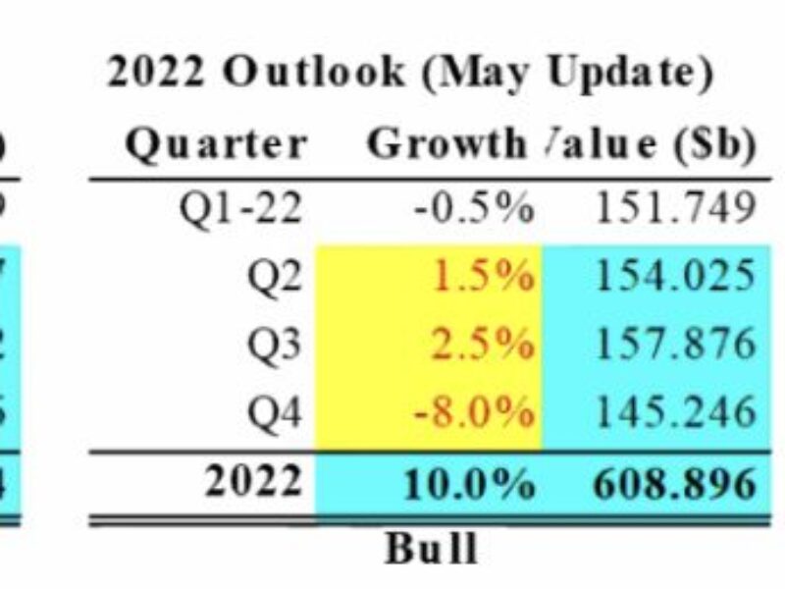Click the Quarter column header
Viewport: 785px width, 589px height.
click(216, 145)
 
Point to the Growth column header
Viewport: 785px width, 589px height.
click(446, 145)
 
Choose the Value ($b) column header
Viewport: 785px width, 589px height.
click(651, 145)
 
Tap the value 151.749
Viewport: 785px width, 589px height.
click(675, 209)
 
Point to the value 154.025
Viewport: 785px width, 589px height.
click(675, 278)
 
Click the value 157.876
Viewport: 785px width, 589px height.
click(675, 345)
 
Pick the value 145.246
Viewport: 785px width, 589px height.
click(675, 412)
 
